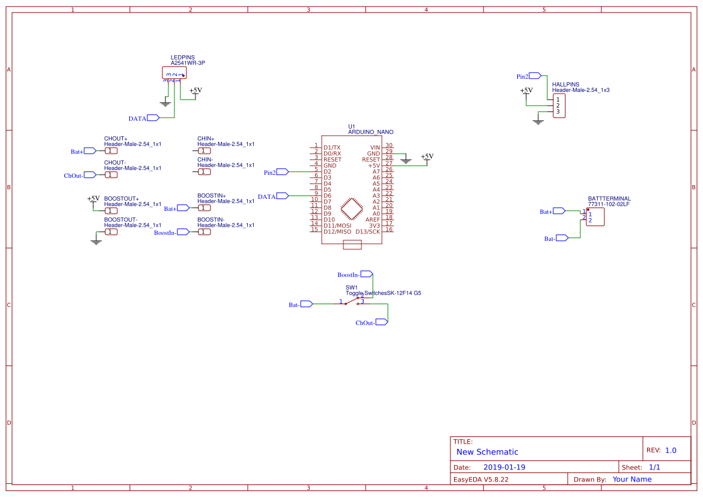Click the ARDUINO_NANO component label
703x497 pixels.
point(370,132)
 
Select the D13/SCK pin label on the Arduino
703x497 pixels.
point(367,231)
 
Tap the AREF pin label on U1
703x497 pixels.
point(372,219)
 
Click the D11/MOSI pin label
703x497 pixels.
point(337,225)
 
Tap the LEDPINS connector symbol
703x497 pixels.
point(174,73)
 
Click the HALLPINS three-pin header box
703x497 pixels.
point(559,106)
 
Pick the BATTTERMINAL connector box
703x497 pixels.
point(595,217)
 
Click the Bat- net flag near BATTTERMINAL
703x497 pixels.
point(562,238)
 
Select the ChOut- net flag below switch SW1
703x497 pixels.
point(381,322)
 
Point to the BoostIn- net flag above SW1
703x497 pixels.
point(366,274)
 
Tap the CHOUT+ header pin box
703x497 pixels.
point(111,151)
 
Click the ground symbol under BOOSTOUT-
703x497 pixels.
point(95,242)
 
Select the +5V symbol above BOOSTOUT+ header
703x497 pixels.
point(93,199)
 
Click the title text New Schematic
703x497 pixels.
point(487,452)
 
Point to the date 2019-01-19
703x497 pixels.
point(504,467)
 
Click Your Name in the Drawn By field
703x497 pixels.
point(631,479)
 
